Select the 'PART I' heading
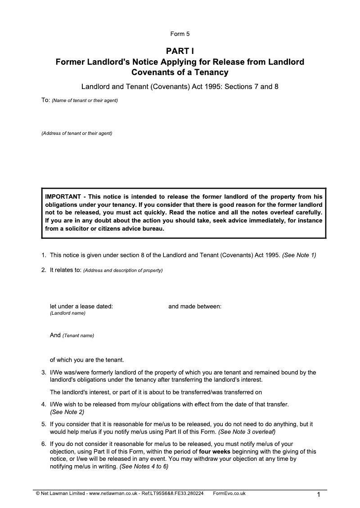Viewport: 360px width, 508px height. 180,51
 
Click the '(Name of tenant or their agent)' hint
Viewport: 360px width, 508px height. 85,100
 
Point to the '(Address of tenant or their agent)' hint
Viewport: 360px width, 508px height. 76,134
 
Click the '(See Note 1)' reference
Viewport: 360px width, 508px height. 299,255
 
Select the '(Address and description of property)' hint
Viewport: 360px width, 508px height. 123,271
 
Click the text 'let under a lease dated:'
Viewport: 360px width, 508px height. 81,307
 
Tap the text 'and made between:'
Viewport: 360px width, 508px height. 195,307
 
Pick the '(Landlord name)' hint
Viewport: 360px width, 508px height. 67,313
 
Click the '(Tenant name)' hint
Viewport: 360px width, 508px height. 78,335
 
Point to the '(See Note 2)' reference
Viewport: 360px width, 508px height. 67,412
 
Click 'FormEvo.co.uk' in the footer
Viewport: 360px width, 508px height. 229,493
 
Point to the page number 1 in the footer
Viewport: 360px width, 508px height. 318,495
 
